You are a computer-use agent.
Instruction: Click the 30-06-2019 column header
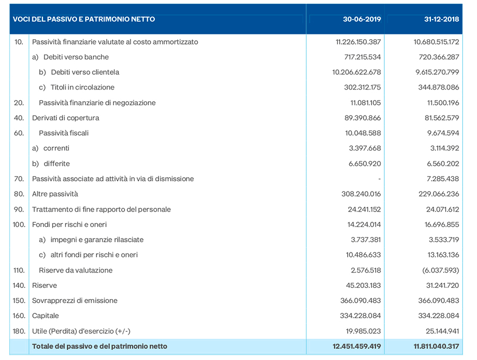coord(361,19)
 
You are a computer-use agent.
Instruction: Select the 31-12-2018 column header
coord(441,19)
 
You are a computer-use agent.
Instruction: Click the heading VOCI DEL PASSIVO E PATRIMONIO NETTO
coord(84,19)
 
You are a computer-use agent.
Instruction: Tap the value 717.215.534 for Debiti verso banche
coord(363,57)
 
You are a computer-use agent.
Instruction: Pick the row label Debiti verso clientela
coord(85,72)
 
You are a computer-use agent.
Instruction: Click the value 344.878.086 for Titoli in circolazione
coord(438,87)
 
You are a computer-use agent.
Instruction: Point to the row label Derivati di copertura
coord(66,118)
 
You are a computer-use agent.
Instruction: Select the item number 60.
coord(19,133)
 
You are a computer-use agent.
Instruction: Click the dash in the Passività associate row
coord(379,179)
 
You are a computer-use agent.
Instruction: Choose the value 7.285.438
coord(443,179)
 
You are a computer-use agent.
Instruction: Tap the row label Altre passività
coord(55,194)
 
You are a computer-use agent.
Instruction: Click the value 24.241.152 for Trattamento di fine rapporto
coord(364,209)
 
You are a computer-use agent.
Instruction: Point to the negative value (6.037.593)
coord(440,270)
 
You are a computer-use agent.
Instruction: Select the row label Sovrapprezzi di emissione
coord(75,301)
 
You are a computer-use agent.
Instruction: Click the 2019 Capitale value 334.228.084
coord(360,315)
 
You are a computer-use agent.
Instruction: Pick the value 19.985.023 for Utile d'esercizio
coord(363,331)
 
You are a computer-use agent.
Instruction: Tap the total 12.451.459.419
coord(357,346)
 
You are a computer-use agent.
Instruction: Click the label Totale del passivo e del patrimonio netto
coord(100,346)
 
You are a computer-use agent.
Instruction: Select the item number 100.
coord(19,225)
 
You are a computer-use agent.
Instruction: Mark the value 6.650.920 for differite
coord(365,164)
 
